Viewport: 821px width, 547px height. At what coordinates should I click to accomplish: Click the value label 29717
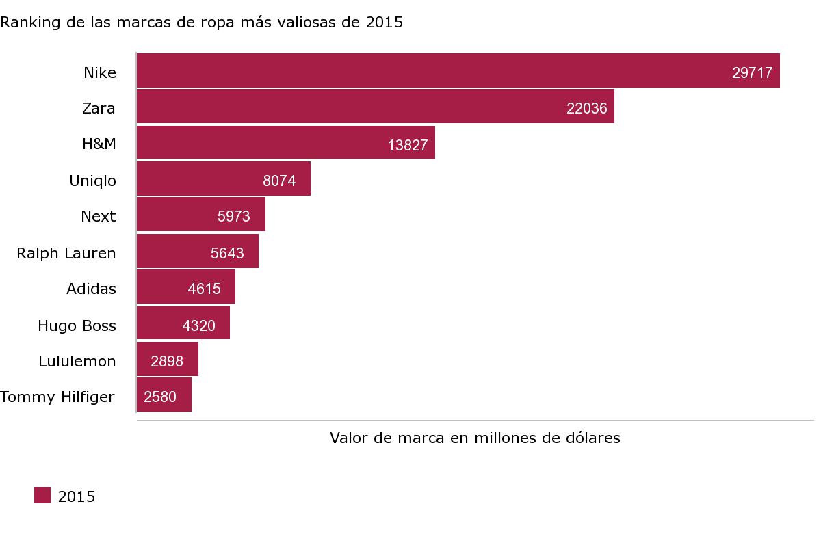(752, 73)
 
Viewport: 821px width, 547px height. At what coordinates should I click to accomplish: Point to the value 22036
(586, 109)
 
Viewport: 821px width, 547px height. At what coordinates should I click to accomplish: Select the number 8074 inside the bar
(279, 181)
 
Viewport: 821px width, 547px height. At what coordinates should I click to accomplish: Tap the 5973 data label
(234, 217)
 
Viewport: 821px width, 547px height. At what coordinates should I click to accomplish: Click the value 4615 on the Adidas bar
(204, 289)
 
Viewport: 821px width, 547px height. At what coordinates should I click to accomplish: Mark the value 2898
(167, 361)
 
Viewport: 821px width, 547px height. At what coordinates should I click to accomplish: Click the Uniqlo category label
(92, 181)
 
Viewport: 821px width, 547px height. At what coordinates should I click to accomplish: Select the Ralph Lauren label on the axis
(66, 253)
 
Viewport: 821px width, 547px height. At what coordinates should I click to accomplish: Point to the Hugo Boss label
(77, 325)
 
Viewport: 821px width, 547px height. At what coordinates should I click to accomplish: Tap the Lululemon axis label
(77, 361)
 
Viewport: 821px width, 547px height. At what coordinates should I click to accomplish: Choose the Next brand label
(99, 217)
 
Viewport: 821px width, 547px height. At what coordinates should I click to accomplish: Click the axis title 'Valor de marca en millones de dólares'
(475, 438)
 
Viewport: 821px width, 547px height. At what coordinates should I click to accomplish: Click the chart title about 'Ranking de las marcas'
(202, 22)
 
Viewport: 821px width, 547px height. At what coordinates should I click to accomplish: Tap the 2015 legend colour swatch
(42, 496)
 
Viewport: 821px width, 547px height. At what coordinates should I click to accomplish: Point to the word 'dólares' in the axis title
(594, 438)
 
